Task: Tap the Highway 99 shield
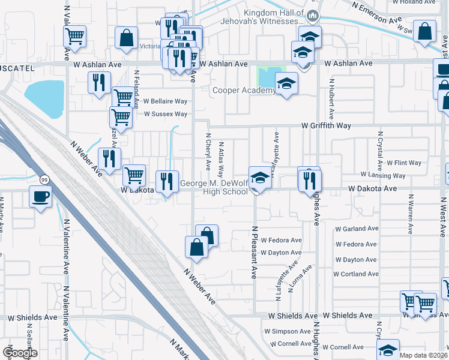44,179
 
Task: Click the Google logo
20,353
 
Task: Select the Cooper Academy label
244,91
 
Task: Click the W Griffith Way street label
326,126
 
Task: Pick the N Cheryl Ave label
209,151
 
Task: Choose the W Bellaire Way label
165,101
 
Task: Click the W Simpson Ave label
288,331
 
